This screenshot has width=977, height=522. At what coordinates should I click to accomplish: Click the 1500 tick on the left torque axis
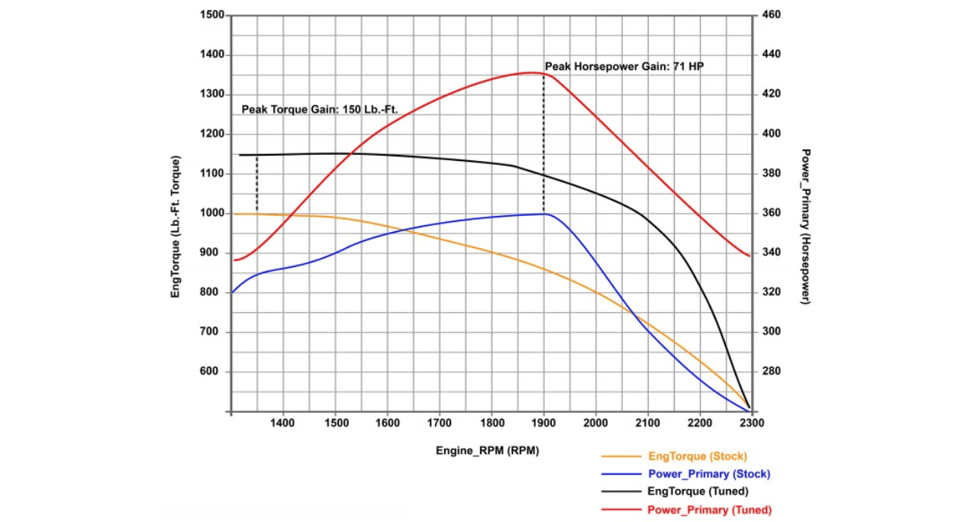click(x=212, y=15)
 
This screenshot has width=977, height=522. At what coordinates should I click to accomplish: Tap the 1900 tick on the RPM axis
click(x=543, y=422)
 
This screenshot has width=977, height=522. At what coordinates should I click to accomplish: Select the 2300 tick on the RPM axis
click(x=751, y=422)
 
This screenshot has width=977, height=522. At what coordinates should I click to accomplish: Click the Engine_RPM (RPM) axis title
click(x=487, y=450)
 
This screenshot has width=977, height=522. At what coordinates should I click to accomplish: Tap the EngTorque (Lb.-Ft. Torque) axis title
click(x=176, y=227)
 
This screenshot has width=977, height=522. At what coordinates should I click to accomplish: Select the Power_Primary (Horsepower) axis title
click(x=806, y=227)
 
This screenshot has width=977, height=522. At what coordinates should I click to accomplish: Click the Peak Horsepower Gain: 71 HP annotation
click(x=624, y=67)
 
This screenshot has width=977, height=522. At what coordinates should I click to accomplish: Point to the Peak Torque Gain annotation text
click(x=320, y=110)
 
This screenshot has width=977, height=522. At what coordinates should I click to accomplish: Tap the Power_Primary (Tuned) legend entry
click(x=709, y=510)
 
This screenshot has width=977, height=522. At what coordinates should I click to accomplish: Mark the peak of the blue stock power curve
click(x=543, y=214)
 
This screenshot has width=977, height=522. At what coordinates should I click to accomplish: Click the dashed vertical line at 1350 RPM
click(x=257, y=183)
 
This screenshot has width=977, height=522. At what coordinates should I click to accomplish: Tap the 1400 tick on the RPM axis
click(x=283, y=422)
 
